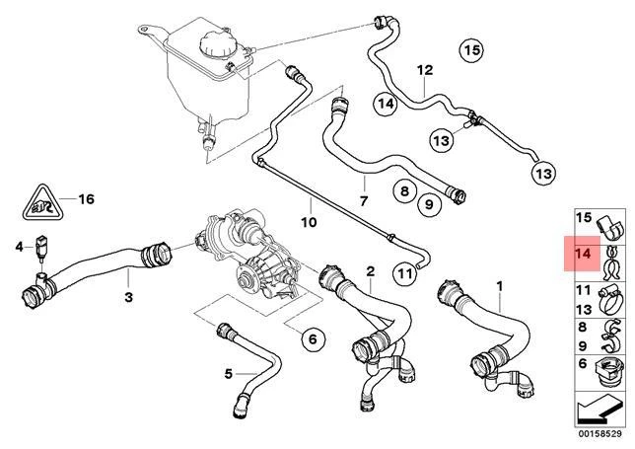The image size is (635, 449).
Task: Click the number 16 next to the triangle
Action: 86,198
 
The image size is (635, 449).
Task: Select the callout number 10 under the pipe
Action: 309,222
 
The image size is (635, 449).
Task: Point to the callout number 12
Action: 425,70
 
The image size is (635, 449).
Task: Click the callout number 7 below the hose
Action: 363,200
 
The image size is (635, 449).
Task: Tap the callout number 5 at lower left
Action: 228,373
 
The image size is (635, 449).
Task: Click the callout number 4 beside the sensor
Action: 18,246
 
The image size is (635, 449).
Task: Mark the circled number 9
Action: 427,205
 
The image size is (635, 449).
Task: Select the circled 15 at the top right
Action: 472,49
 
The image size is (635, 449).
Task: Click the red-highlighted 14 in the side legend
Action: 582,254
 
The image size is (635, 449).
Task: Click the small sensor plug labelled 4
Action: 42,247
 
